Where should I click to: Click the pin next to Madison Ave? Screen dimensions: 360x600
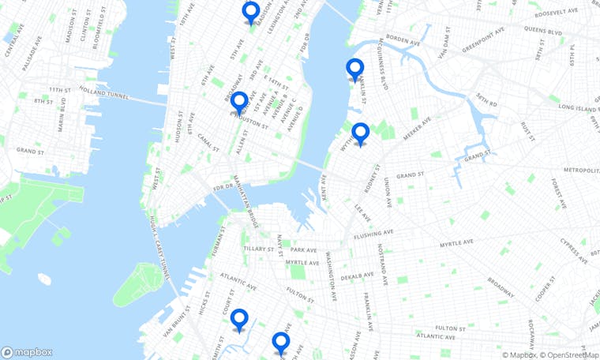[251, 13]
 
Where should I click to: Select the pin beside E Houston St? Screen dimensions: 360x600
[238, 103]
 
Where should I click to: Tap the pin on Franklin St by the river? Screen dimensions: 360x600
[355, 69]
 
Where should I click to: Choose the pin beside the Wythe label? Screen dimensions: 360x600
[361, 134]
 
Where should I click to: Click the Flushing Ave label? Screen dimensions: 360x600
[374, 234]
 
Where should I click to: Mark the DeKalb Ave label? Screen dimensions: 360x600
[357, 277]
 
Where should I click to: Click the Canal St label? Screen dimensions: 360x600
[208, 147]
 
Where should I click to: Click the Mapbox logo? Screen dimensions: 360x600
[27, 352]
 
